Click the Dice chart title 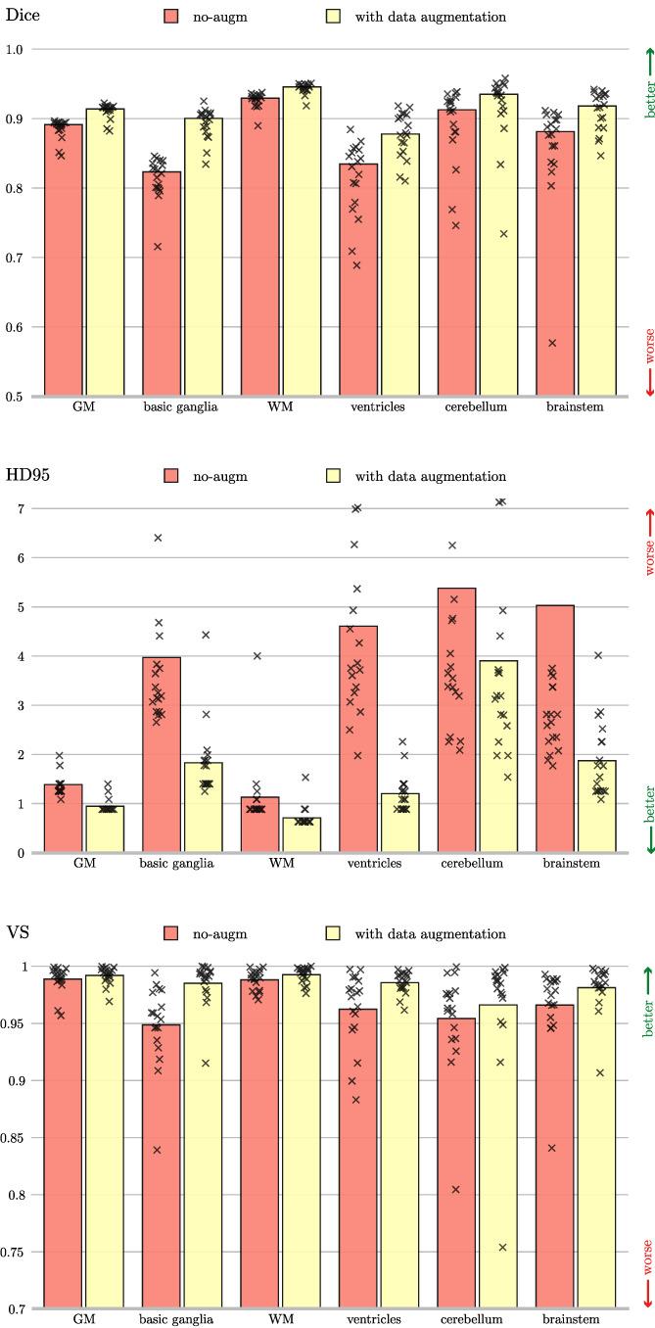[x=21, y=17]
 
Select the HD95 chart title [x=26, y=476]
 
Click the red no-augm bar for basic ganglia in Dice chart [x=162, y=284]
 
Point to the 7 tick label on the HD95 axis [x=19, y=508]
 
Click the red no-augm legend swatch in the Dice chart [x=171, y=18]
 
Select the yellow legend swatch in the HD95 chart [x=331, y=477]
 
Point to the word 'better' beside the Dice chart [x=647, y=99]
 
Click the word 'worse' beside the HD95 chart [x=647, y=554]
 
